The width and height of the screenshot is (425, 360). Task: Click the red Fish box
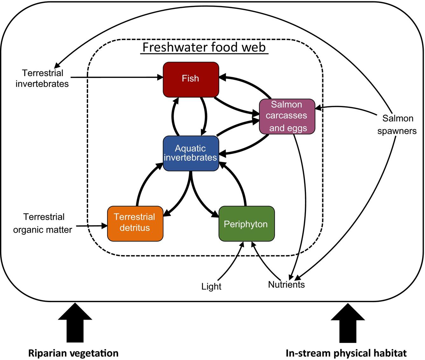pos(191,80)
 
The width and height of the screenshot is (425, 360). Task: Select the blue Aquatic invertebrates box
pos(191,153)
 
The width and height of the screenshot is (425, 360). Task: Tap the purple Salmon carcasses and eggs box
pos(287,116)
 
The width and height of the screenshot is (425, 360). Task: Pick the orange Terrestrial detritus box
pos(135,223)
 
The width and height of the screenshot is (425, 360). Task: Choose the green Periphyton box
pos(246,224)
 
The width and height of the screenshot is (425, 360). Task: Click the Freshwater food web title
pos(204,47)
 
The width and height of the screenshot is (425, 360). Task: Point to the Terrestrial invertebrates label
pos(42,78)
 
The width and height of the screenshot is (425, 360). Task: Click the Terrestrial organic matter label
pos(43,223)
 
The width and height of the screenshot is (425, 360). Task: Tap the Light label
pos(211,287)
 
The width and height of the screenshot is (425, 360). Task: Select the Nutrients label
pos(286,284)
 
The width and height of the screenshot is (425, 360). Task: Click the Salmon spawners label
pos(397,124)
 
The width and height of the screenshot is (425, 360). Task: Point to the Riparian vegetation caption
pos(73,353)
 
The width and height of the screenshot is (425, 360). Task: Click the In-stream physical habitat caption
pos(346,353)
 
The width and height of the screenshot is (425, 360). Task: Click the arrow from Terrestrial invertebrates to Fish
pos(115,77)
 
